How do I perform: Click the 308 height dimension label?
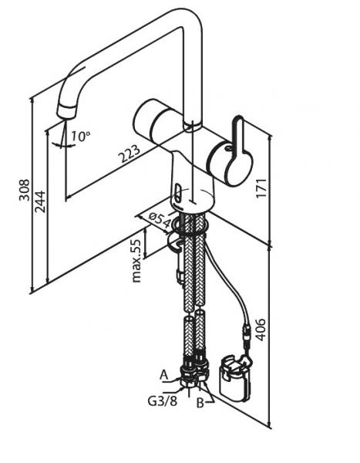(x=24, y=190)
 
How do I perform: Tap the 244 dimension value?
(x=40, y=201)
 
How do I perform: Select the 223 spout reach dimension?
(x=130, y=154)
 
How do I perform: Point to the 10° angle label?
(x=80, y=136)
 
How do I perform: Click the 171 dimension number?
(x=261, y=188)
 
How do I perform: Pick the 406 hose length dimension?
(x=261, y=330)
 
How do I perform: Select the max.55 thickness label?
(x=136, y=261)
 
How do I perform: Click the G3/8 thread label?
(x=163, y=400)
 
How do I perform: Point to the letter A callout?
(x=163, y=375)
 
